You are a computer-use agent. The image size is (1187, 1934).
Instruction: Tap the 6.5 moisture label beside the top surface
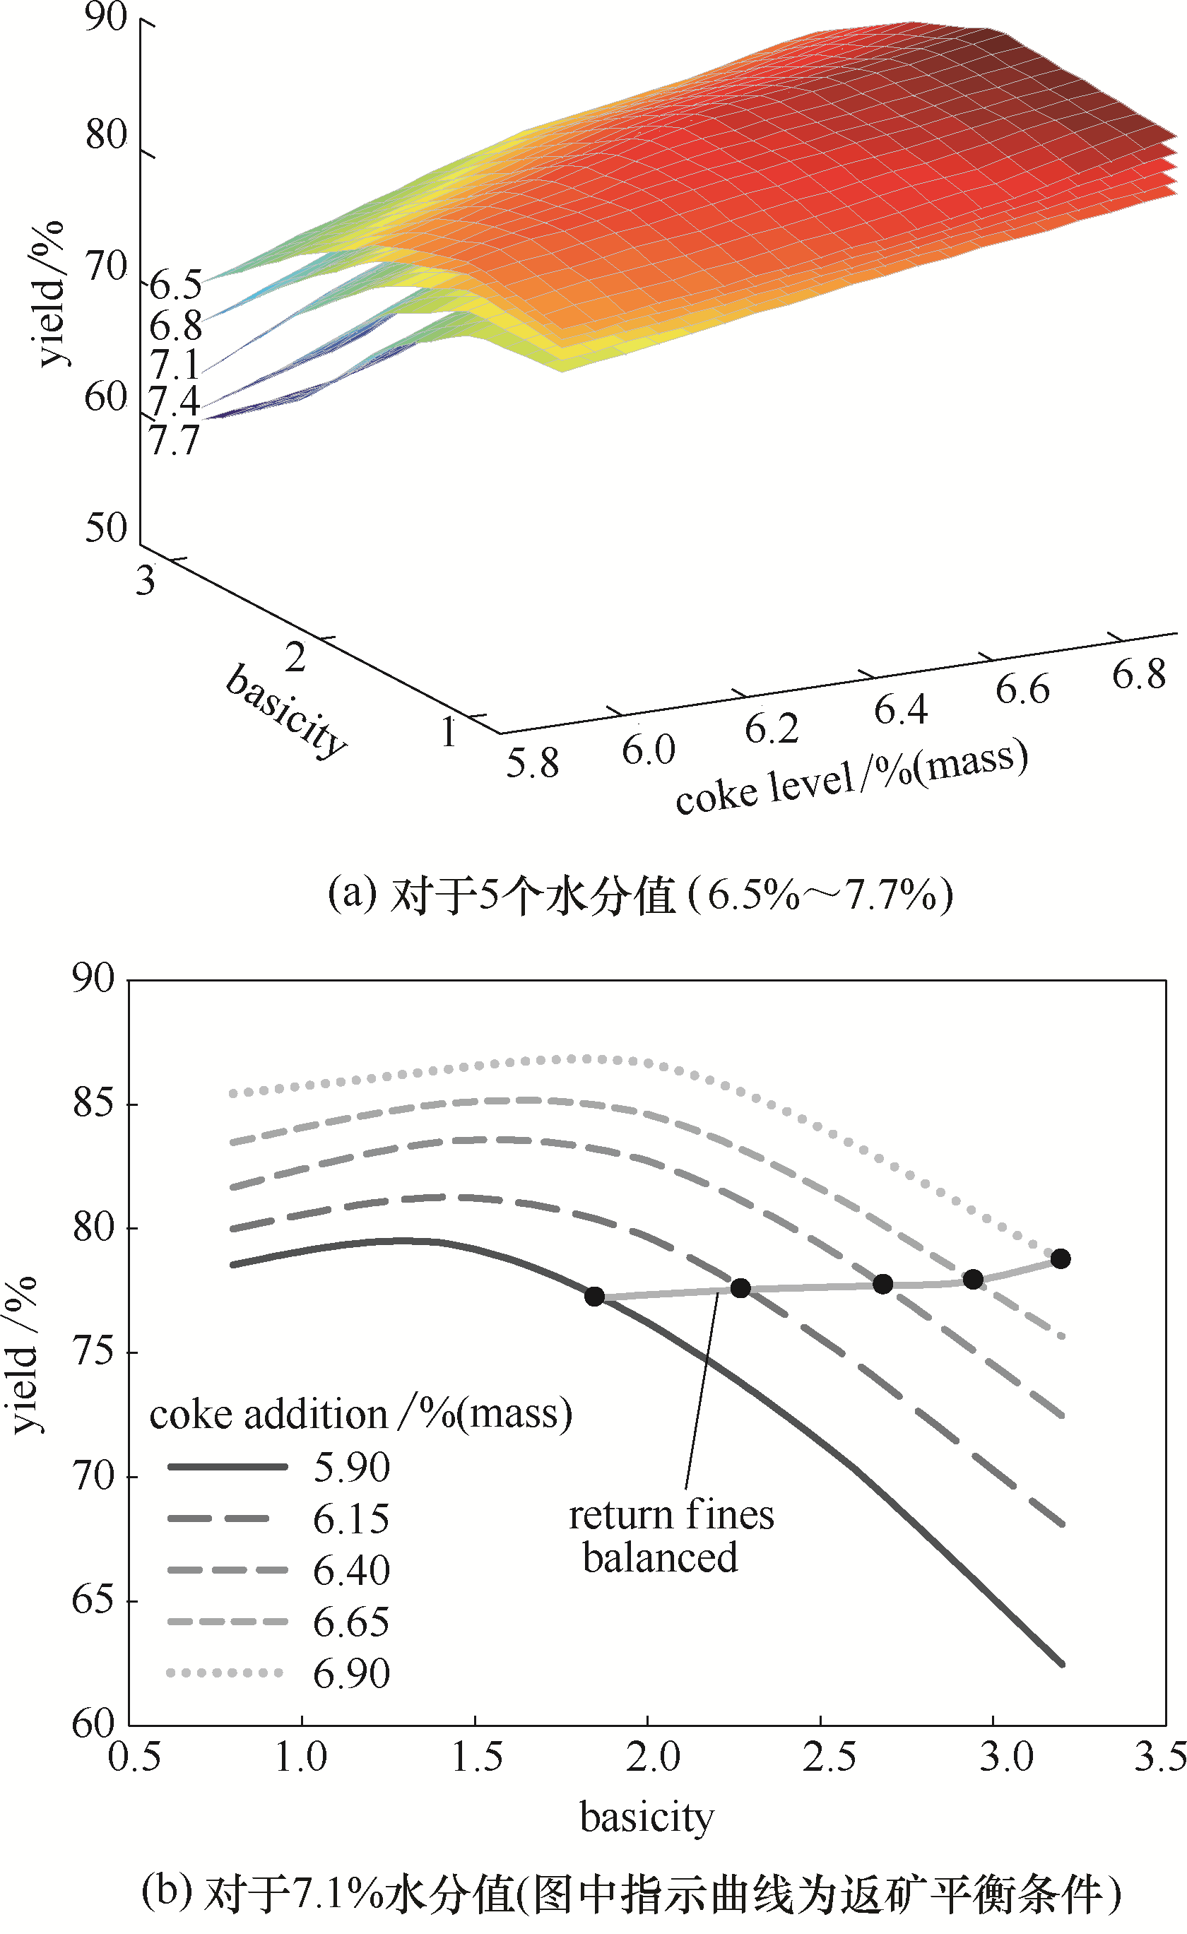(176, 283)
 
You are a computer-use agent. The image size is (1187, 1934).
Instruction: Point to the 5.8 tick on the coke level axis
(532, 762)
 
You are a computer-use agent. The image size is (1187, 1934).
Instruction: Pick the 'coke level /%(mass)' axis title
(852, 778)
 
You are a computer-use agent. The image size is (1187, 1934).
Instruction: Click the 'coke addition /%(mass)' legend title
(360, 1415)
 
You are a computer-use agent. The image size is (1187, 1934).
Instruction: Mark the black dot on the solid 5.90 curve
(594, 1297)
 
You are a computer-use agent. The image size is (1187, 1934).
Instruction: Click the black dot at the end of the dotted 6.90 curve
(1060, 1259)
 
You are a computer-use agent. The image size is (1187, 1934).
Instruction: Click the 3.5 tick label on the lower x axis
(1159, 1757)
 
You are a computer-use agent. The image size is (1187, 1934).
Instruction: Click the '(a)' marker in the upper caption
(352, 893)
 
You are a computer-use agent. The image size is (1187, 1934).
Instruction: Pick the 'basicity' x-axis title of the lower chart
(647, 1816)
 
